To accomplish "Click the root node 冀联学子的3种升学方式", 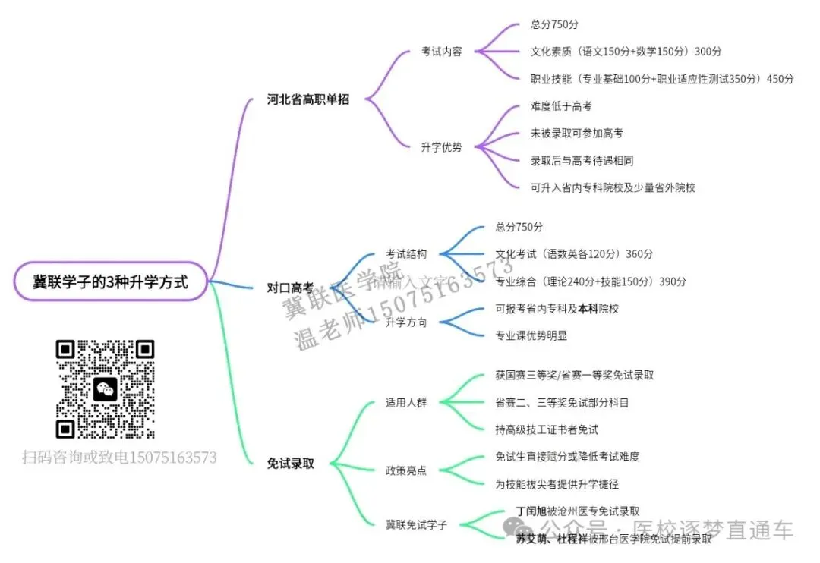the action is [111, 282].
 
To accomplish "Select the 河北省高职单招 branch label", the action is [307, 99].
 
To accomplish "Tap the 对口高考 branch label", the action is [290, 288].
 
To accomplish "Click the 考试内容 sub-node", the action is [441, 52].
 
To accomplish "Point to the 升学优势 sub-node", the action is [441, 147].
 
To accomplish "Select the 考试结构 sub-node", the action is [406, 254].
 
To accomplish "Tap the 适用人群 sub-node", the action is [406, 402].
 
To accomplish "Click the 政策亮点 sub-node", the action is [406, 470].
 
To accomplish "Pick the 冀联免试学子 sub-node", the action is [416, 524].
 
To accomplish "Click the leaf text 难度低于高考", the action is [561, 106].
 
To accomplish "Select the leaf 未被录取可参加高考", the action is [576, 134].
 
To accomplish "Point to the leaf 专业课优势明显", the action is [531, 335].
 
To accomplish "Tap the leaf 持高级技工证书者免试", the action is [546, 429].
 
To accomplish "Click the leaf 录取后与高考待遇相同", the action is [582, 161].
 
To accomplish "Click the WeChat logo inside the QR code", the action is [106, 389].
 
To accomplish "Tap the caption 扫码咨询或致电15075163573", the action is [119, 458].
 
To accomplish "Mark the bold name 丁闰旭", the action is [531, 511].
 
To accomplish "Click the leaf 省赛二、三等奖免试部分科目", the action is [562, 402].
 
